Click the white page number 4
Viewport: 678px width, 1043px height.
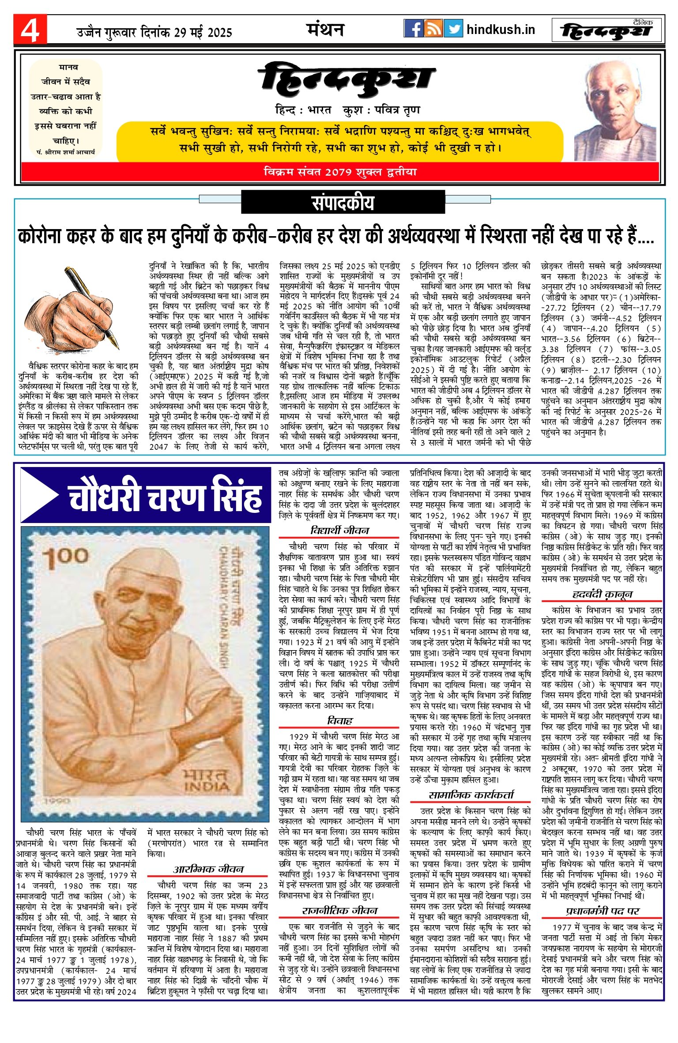pos(30,30)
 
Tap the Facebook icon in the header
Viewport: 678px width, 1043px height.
pos(414,29)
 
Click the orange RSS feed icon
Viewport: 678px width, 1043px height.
pos(433,29)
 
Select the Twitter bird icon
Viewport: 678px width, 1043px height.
pos(453,29)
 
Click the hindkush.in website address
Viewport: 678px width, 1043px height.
pos(501,30)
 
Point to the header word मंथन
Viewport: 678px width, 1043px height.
pos(325,30)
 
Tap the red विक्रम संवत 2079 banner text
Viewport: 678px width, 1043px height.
pos(340,172)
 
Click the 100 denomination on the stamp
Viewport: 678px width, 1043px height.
pos(66,557)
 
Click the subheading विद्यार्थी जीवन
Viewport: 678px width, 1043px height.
pos(339,530)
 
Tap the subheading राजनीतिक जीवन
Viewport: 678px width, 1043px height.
pos(339,911)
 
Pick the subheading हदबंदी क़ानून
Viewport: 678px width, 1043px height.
pos(602,594)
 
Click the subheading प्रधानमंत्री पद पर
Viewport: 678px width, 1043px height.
pos(602,911)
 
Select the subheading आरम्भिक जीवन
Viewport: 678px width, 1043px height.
pos(208,869)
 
